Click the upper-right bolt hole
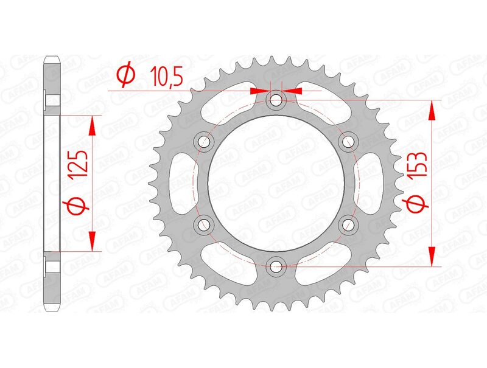point(348,141)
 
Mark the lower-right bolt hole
point(348,224)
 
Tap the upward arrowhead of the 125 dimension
point(93,125)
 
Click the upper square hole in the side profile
point(52,100)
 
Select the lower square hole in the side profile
point(52,266)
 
